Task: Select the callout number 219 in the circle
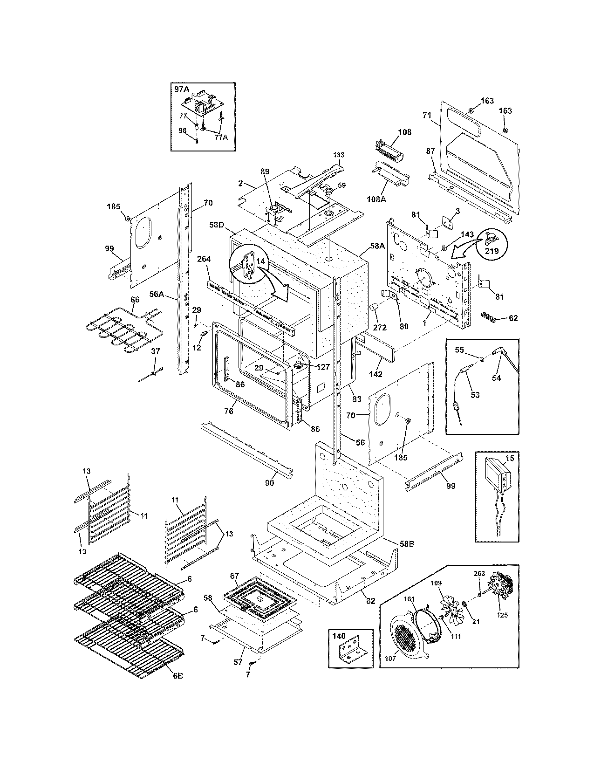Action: click(492, 251)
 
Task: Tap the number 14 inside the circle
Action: click(260, 262)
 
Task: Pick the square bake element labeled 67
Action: click(259, 598)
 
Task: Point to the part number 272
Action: click(380, 327)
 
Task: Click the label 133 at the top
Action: click(339, 154)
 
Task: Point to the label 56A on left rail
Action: click(170, 294)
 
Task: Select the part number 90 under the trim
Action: click(269, 483)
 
